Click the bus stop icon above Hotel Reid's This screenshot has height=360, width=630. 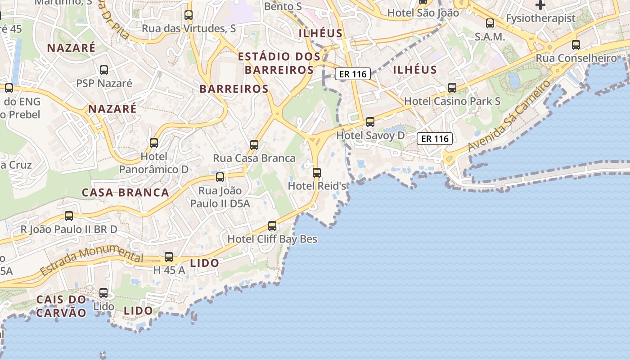point(317,172)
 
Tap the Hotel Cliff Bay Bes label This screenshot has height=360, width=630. point(272,239)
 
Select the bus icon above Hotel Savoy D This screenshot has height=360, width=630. point(370,121)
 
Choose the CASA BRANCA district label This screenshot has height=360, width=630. point(125,193)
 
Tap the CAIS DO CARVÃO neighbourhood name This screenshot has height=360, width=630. point(61,306)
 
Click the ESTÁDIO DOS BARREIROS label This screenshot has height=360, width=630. point(279,63)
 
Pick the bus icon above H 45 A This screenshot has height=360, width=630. point(169,257)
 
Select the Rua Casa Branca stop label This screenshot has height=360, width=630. point(254,158)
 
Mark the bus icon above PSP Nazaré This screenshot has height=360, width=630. point(104,70)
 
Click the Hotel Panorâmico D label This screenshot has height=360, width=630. point(154,163)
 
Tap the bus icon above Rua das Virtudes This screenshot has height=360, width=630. point(189,15)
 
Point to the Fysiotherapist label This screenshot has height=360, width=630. point(540,18)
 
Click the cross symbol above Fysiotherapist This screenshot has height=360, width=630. point(540,5)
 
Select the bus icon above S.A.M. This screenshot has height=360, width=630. point(490,23)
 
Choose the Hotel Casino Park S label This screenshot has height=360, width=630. point(452,101)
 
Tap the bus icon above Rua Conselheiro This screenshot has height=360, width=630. point(576,45)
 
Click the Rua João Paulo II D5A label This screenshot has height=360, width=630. point(220,197)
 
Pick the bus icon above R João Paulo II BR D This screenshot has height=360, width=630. point(69,216)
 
